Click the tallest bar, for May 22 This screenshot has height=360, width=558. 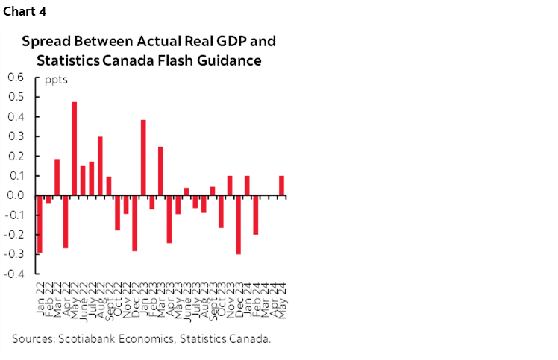75,148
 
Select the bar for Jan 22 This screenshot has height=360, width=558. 40,224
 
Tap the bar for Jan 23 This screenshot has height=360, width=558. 143,157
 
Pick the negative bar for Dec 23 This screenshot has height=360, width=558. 238,224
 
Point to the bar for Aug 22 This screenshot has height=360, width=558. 100,165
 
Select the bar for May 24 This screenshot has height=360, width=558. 281,186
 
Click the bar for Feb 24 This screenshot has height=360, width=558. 255,215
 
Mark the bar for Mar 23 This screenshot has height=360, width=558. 160,171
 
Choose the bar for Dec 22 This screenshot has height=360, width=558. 134,223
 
